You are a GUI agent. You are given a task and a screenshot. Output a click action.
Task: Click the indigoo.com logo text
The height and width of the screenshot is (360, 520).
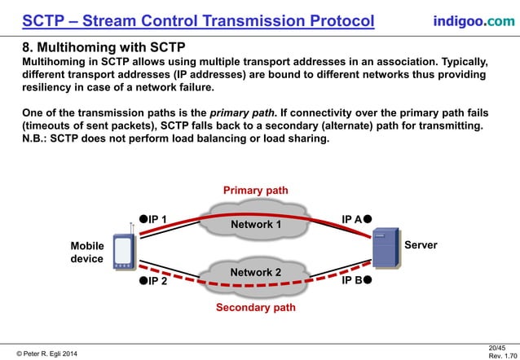coord(474,20)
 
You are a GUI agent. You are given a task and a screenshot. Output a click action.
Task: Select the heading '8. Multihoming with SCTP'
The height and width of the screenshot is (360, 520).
coord(104,48)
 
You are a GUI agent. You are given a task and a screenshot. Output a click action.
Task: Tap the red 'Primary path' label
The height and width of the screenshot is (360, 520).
coord(255,191)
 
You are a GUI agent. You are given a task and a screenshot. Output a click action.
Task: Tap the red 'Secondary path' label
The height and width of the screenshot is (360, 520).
coord(255,308)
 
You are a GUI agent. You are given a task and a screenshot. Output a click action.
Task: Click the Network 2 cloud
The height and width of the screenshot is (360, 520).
coord(255,272)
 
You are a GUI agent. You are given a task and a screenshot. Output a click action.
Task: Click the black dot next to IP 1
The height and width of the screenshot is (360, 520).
coord(143,218)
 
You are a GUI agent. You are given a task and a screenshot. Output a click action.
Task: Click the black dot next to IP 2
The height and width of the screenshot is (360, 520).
coord(143,281)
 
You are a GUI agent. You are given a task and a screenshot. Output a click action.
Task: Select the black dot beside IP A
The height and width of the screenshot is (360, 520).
coord(368,218)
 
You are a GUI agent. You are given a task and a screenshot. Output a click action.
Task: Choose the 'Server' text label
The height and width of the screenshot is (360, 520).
coord(421,245)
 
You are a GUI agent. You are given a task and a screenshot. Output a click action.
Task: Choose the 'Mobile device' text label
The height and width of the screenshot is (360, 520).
coord(87,252)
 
